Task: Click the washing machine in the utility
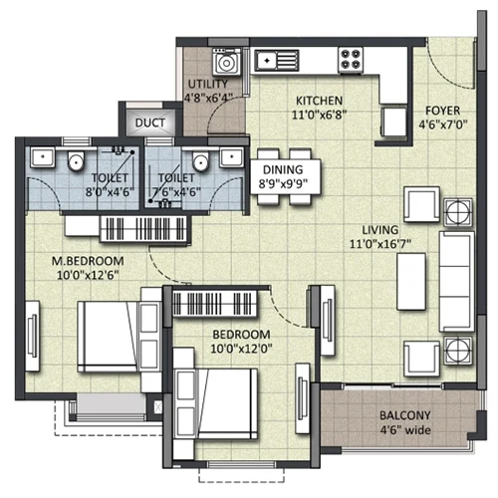tap(226, 61)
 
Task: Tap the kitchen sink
tap(277, 61)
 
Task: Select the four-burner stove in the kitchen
tap(351, 60)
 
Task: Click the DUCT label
tap(150, 123)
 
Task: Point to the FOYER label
tap(442, 111)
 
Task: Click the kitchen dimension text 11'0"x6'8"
tap(319, 115)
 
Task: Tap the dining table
tap(286, 176)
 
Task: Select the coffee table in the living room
tap(411, 282)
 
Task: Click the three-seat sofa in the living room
tap(456, 282)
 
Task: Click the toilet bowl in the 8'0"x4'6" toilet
tap(76, 160)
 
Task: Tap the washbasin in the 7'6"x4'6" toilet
tap(232, 157)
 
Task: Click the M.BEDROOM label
tap(88, 261)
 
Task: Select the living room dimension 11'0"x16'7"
tap(380, 244)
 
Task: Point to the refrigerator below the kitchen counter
tap(393, 122)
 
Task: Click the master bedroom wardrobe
tap(143, 229)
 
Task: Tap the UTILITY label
tap(208, 84)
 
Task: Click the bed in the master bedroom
tap(108, 337)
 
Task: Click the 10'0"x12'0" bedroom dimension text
tap(241, 349)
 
